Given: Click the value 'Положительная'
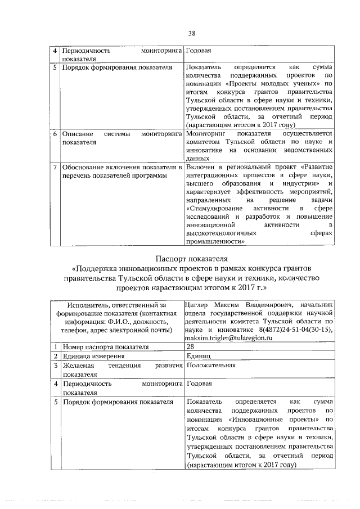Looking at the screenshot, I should point(208,365).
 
